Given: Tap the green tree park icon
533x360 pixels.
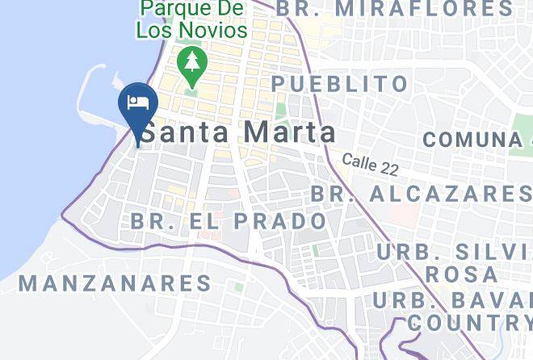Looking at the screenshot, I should point(192,62).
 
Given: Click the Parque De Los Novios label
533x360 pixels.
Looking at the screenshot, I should point(191,20).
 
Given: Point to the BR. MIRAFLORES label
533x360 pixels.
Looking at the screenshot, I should point(395,9).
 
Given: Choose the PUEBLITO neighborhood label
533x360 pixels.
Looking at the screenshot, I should point(340,83).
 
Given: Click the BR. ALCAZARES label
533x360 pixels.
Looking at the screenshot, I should point(421,194).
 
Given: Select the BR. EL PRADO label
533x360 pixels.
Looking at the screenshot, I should point(229,220).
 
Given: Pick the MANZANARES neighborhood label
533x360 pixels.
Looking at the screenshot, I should point(115,283).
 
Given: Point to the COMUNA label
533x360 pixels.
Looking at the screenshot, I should point(472,139).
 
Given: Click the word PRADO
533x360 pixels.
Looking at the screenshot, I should point(283,220).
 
